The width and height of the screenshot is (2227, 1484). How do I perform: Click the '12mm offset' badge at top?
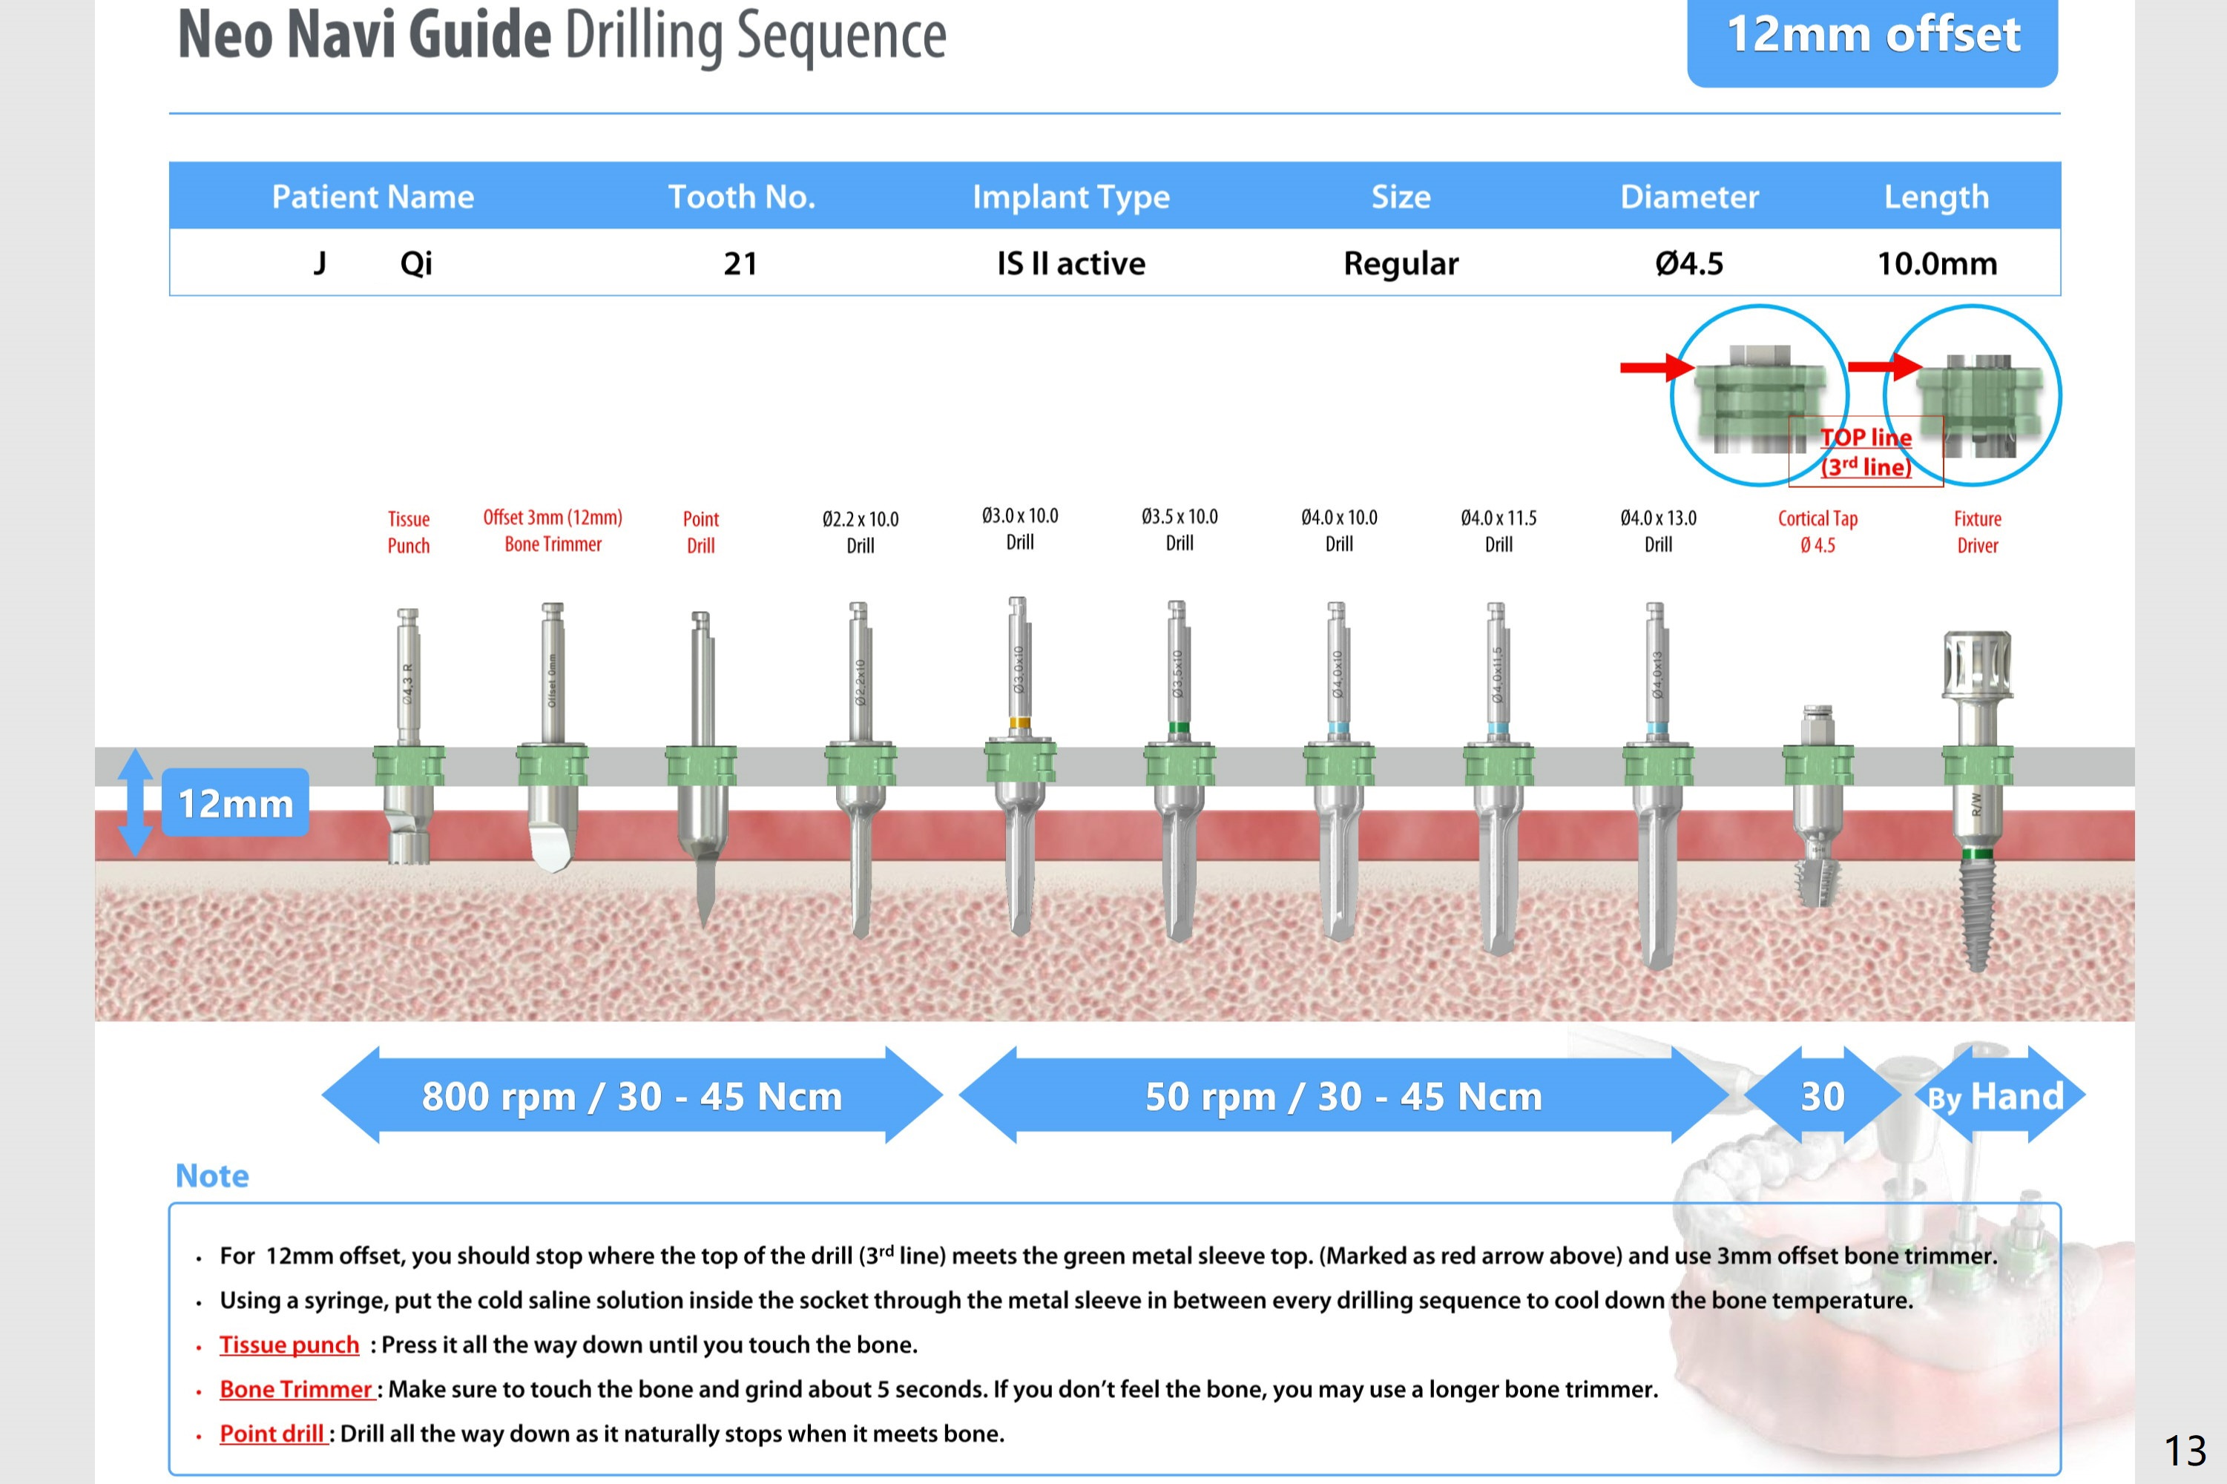point(1872,36)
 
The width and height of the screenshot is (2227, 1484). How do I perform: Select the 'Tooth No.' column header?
point(741,197)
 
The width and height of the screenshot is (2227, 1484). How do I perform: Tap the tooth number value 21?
point(740,263)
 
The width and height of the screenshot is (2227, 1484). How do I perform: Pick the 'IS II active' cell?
point(1070,263)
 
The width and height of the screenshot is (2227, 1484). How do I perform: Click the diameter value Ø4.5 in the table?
point(1688,263)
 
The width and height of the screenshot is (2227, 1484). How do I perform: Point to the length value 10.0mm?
point(1936,263)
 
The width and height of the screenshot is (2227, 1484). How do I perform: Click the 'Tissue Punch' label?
point(409,532)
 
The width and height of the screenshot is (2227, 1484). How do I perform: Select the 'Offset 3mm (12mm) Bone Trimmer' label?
point(553,530)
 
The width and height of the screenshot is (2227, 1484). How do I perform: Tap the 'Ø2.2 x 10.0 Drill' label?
point(861,532)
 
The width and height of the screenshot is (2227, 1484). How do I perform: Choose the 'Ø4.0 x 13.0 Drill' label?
point(1658,531)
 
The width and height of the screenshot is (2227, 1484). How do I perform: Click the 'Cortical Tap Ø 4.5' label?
point(1818,532)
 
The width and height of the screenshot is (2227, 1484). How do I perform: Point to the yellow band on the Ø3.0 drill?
point(1019,723)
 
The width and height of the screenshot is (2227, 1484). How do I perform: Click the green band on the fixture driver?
point(1977,854)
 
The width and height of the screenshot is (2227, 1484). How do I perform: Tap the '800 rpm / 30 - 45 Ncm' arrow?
point(631,1096)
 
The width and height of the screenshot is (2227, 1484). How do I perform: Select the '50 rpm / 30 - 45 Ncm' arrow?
point(1343,1096)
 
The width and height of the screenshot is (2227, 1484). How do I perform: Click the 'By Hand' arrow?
point(1995,1096)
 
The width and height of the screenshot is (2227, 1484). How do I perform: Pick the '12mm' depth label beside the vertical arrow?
point(236,803)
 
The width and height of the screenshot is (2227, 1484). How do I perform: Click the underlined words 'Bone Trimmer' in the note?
point(296,1389)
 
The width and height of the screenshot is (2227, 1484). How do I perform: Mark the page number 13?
point(2185,1450)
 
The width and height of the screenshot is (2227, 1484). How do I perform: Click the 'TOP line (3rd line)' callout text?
point(1866,452)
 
